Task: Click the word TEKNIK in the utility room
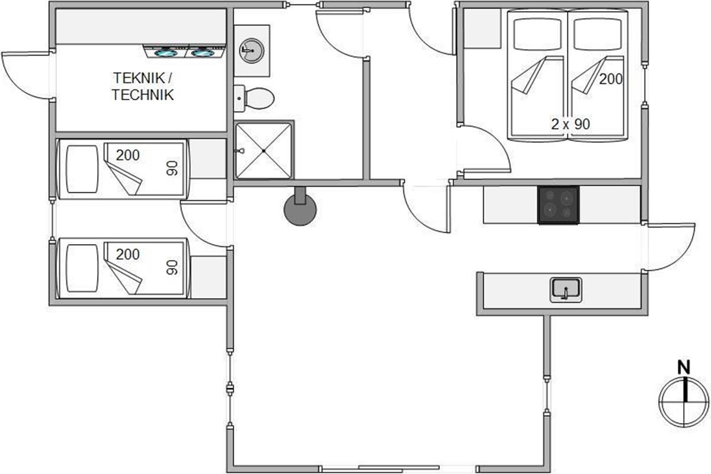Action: click(139, 78)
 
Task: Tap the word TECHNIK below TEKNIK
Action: click(143, 95)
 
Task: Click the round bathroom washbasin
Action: click(251, 51)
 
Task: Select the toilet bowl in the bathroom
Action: click(260, 99)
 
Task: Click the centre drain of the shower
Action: click(264, 151)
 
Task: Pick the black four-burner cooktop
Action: click(558, 205)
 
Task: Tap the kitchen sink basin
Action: click(566, 290)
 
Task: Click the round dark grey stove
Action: click(300, 210)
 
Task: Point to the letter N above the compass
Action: click(684, 367)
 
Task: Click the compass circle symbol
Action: click(684, 402)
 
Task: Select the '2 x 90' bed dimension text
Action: click(571, 124)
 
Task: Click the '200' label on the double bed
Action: click(611, 79)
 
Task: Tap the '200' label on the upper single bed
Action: click(127, 155)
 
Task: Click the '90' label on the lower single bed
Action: click(172, 267)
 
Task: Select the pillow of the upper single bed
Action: click(82, 169)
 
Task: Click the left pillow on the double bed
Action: click(537, 34)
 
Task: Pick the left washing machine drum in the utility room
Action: click(166, 53)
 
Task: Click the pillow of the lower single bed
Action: click(82, 268)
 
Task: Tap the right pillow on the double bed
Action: click(597, 34)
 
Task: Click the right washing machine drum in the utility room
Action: click(202, 53)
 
